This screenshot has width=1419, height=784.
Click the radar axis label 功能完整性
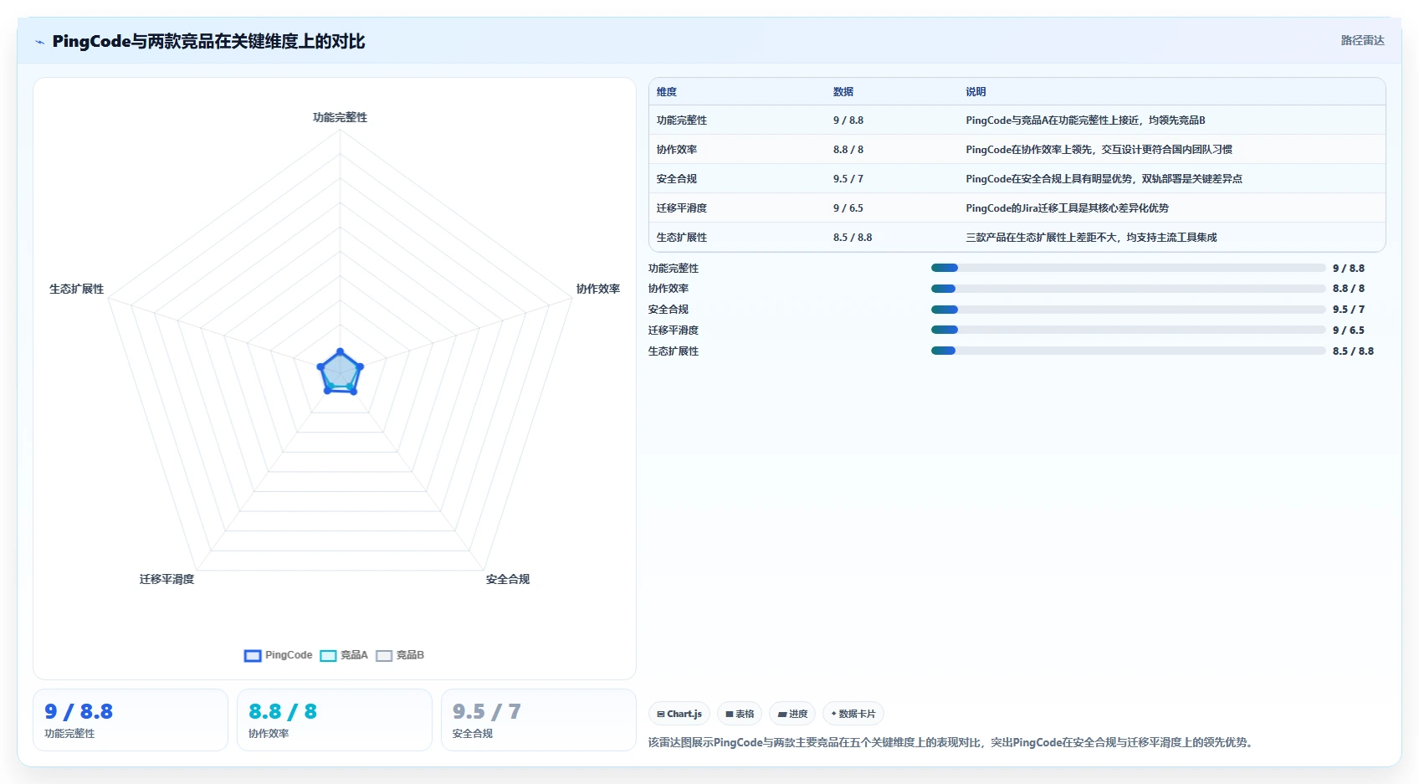[340, 117]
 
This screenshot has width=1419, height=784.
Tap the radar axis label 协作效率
[597, 289]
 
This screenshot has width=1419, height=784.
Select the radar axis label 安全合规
[507, 579]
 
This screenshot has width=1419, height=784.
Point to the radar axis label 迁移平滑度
[166, 579]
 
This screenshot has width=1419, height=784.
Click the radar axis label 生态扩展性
[77, 289]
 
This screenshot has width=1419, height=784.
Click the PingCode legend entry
[278, 655]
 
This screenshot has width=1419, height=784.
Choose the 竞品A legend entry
[344, 655]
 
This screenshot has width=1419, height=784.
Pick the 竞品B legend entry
[400, 655]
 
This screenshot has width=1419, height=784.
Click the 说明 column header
[976, 92]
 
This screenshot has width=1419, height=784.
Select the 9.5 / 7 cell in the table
[848, 178]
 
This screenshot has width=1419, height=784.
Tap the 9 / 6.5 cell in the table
[848, 208]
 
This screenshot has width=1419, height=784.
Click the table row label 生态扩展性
[682, 238]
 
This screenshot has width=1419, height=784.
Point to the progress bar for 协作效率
[1128, 289]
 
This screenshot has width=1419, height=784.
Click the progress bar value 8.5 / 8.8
[1353, 351]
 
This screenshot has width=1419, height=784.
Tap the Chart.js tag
[679, 714]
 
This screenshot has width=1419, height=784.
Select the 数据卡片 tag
[853, 714]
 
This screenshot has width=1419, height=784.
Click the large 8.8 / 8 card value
[283, 711]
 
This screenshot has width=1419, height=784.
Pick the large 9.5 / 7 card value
[486, 711]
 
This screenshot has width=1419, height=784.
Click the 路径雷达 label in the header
[1363, 40]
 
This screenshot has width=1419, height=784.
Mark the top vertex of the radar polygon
[341, 351]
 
